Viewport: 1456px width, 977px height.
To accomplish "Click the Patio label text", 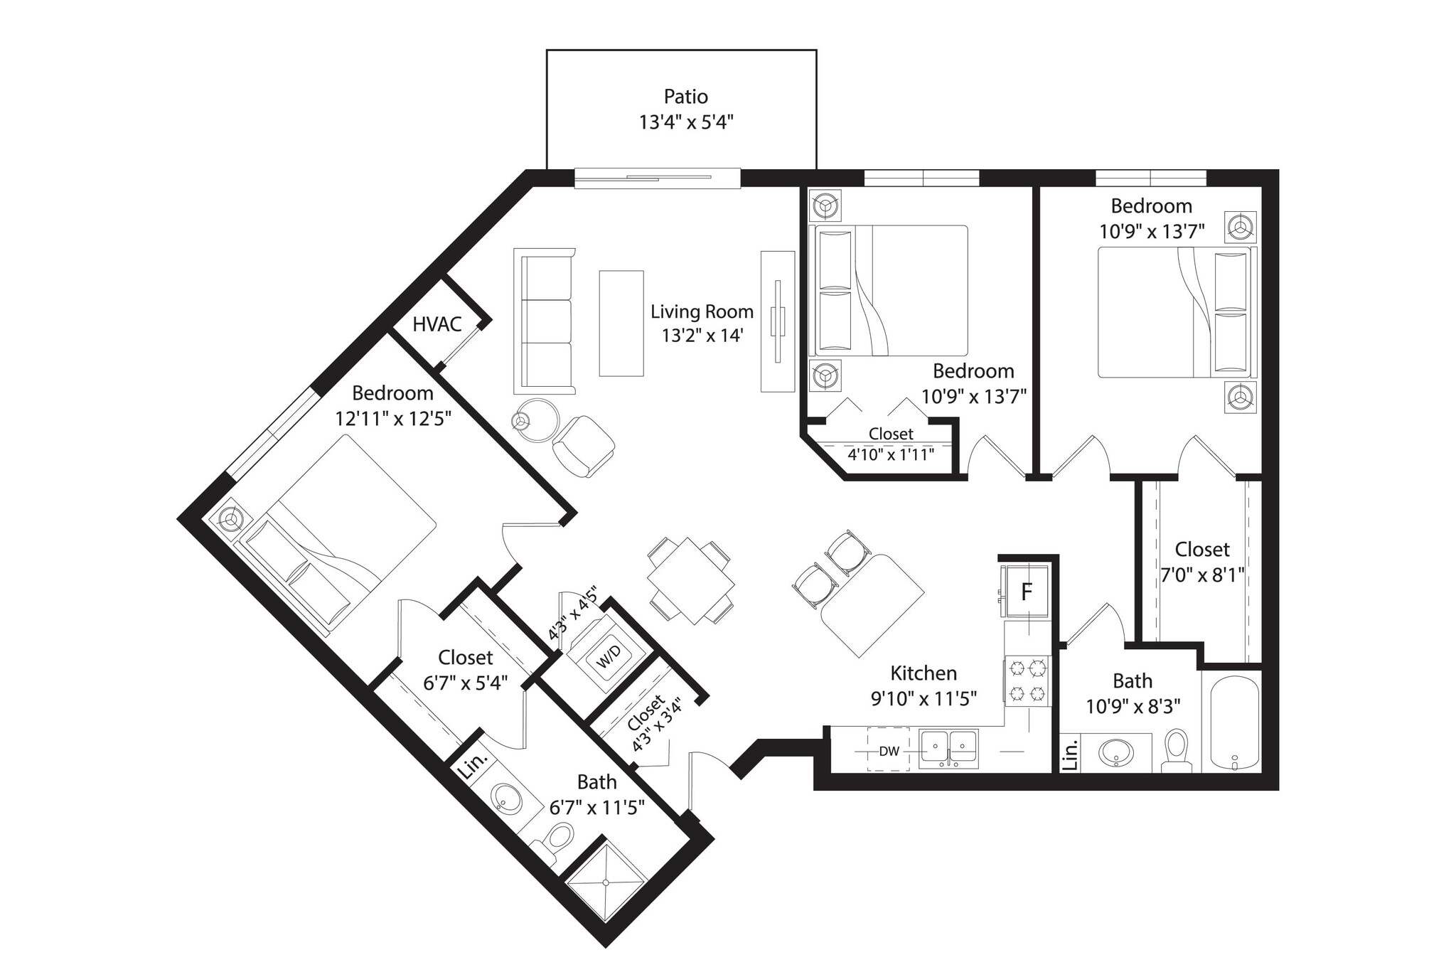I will tap(685, 96).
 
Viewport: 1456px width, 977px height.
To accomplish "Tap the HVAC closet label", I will tap(437, 324).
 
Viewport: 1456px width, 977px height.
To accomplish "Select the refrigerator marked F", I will tap(1026, 592).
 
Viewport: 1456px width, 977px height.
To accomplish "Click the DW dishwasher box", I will tap(889, 751).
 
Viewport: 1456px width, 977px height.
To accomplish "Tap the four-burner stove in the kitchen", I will tap(1027, 680).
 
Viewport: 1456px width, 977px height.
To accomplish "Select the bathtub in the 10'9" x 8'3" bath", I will tap(1235, 724).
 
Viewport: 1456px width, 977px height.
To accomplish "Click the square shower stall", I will tap(606, 882).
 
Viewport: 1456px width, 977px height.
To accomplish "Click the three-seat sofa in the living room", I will tap(545, 322).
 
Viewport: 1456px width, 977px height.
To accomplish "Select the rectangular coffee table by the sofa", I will tap(621, 323).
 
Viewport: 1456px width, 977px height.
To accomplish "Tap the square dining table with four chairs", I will tap(690, 581).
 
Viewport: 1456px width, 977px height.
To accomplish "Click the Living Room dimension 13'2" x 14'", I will tap(702, 336).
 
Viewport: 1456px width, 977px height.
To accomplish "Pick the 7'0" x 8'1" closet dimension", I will tap(1202, 575).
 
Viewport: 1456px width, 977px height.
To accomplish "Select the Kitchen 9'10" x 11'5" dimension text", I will tap(924, 698).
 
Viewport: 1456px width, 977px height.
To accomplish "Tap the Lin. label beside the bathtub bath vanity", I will tap(1070, 754).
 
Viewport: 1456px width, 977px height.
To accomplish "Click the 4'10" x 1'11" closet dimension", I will tap(890, 454).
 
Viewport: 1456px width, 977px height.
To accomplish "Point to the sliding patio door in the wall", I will tap(657, 178).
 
